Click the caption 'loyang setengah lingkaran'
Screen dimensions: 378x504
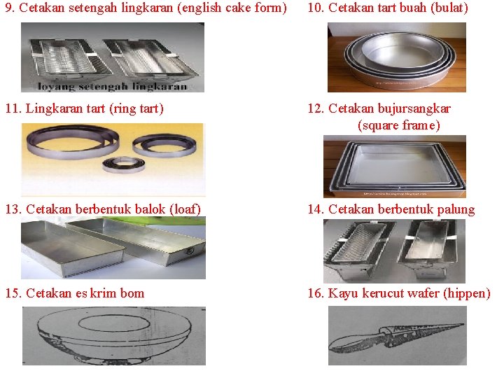(113, 86)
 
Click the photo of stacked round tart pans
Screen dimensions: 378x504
(396, 57)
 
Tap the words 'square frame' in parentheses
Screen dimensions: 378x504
(398, 125)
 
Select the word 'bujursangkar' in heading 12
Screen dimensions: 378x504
(414, 108)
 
